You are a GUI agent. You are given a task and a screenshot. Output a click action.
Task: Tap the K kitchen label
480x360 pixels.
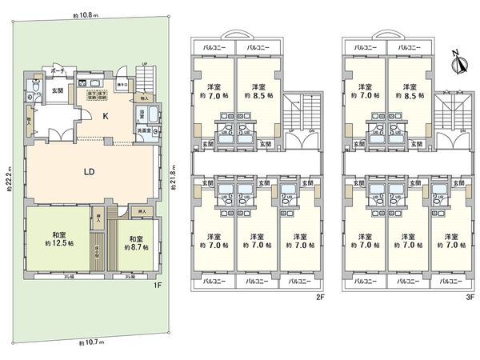pyautogui.click(x=105, y=115)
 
